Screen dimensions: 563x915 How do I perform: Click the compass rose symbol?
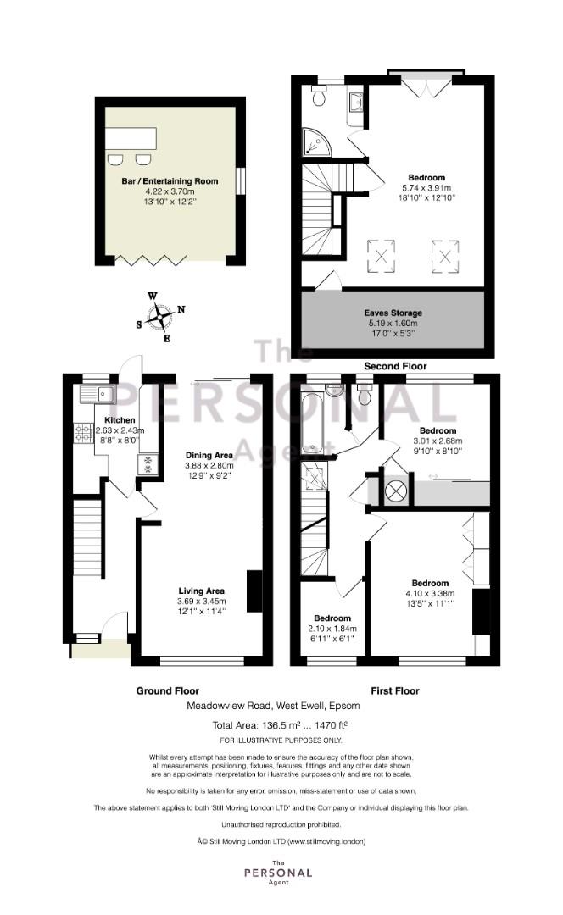(x=159, y=317)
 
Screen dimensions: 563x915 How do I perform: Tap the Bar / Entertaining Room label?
(x=170, y=181)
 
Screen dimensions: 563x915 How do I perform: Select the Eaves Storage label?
(x=393, y=313)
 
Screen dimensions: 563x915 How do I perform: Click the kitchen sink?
(x=98, y=395)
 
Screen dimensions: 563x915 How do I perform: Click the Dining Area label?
(x=209, y=455)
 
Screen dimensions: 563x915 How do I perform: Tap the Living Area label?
(x=202, y=591)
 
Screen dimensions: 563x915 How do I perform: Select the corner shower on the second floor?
(x=316, y=143)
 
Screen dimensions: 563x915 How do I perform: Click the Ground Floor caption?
(x=168, y=690)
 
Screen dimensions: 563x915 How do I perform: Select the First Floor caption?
(x=395, y=690)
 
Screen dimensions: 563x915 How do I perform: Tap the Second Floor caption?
(x=395, y=366)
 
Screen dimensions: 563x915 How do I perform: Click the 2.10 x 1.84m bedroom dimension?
(x=332, y=629)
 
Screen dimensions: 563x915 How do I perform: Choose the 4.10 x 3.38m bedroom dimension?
(x=430, y=593)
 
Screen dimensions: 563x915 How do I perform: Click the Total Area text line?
(x=280, y=725)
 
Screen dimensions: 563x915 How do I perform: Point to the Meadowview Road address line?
(x=273, y=706)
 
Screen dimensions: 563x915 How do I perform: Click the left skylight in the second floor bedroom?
(x=381, y=256)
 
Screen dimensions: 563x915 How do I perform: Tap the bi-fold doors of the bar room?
(x=151, y=260)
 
